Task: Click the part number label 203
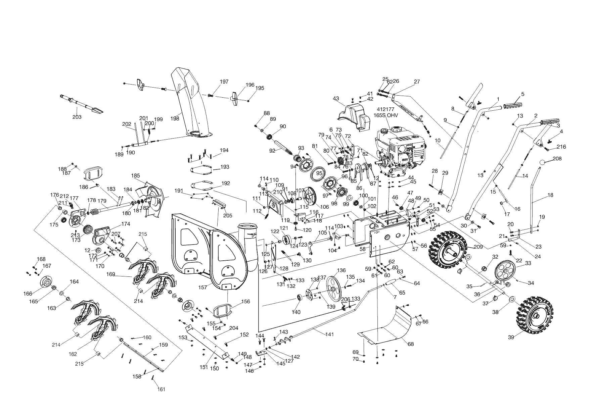[77, 117]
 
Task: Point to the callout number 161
[162, 389]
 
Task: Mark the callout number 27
[417, 82]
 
